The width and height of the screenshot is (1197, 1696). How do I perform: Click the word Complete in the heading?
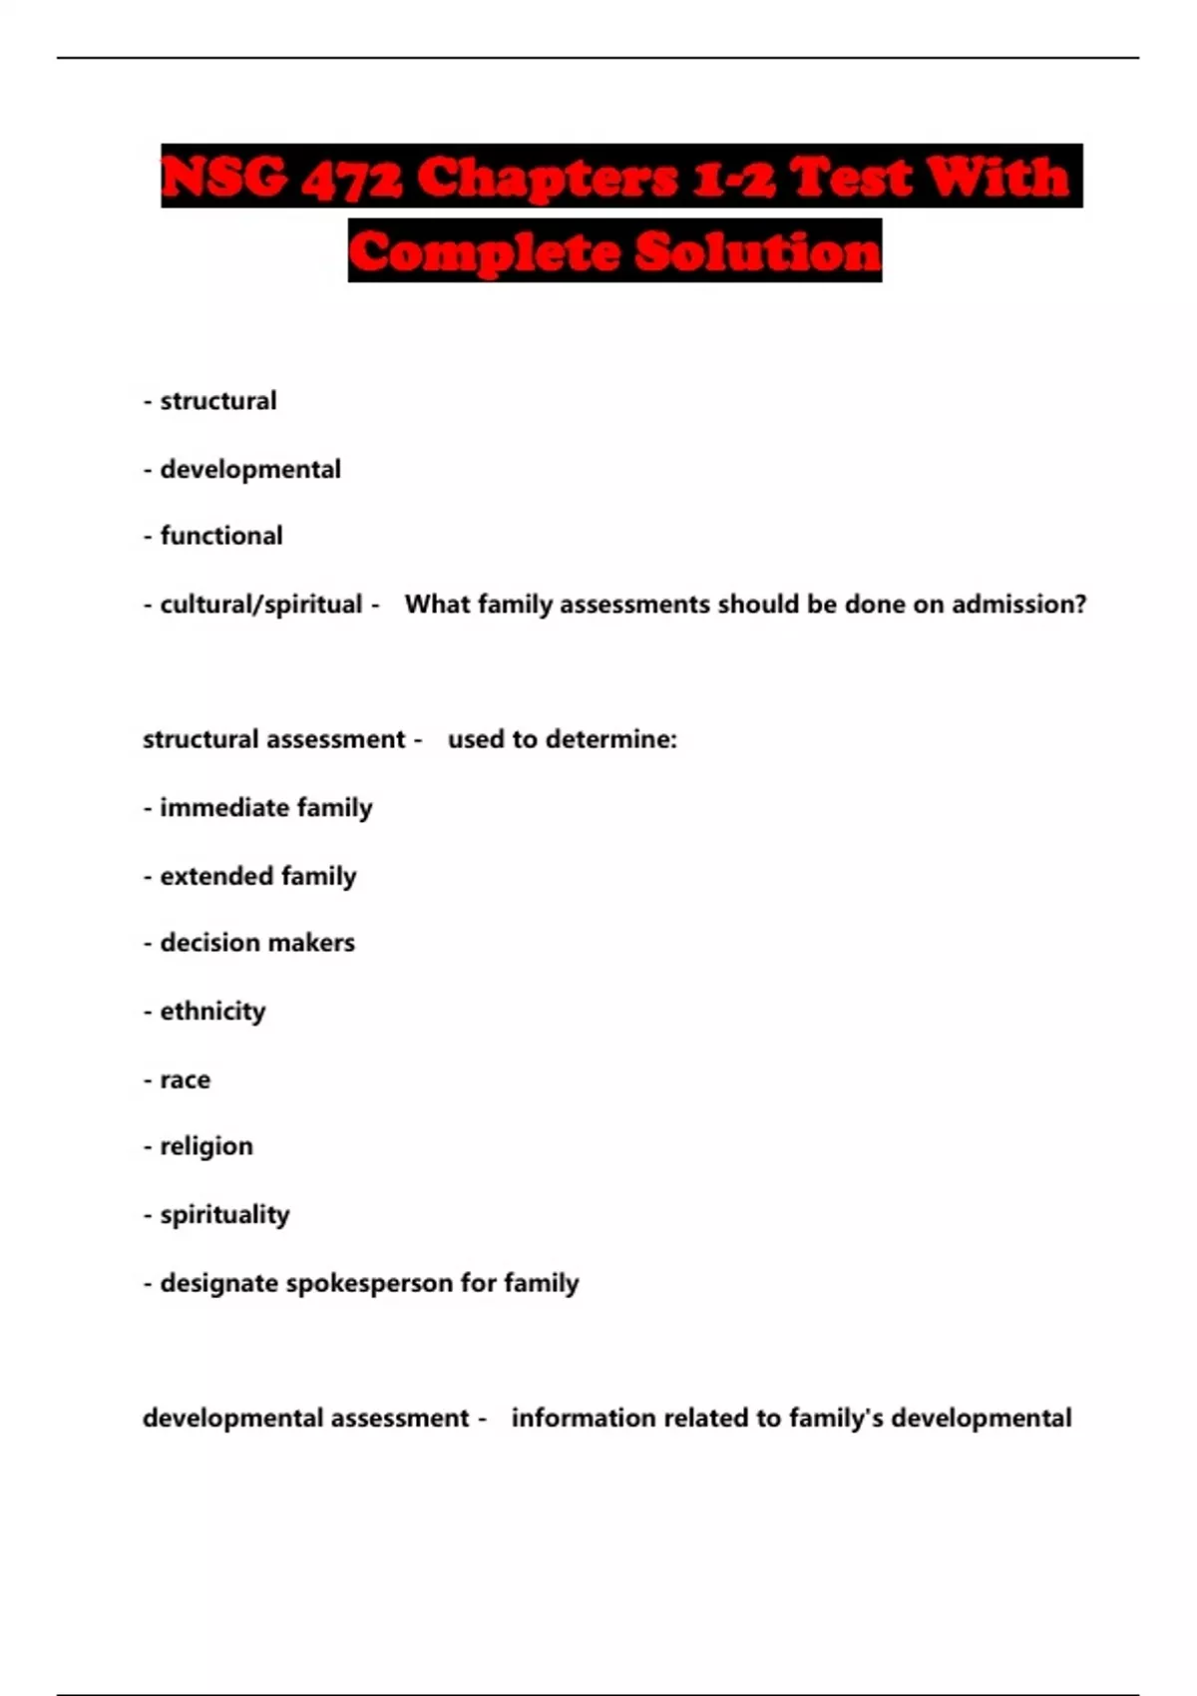484,251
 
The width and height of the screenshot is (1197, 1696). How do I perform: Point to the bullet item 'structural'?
218,401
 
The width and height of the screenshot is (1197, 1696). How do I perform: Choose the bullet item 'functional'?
221,536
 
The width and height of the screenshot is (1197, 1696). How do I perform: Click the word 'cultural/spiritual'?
261,605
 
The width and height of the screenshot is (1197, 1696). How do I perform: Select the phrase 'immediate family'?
266,807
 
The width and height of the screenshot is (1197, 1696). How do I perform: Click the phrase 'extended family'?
258,876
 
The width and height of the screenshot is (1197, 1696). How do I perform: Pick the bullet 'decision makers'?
257,943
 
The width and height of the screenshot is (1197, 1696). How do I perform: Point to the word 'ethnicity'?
212,1012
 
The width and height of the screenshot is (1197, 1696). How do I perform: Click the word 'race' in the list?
186,1079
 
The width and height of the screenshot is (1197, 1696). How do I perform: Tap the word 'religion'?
206,1146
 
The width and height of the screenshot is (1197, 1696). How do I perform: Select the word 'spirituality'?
224,1215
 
